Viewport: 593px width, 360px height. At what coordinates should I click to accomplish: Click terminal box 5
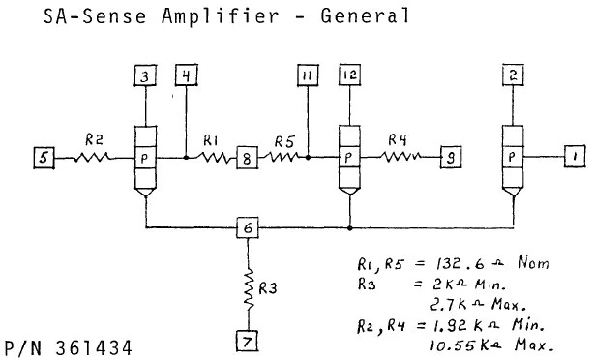point(44,155)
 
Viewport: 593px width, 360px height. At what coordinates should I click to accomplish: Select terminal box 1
point(575,155)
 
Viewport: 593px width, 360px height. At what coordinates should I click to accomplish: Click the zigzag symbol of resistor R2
point(95,155)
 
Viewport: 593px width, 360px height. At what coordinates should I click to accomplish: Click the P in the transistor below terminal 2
point(513,156)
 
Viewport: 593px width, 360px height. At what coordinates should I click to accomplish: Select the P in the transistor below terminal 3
point(144,156)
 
